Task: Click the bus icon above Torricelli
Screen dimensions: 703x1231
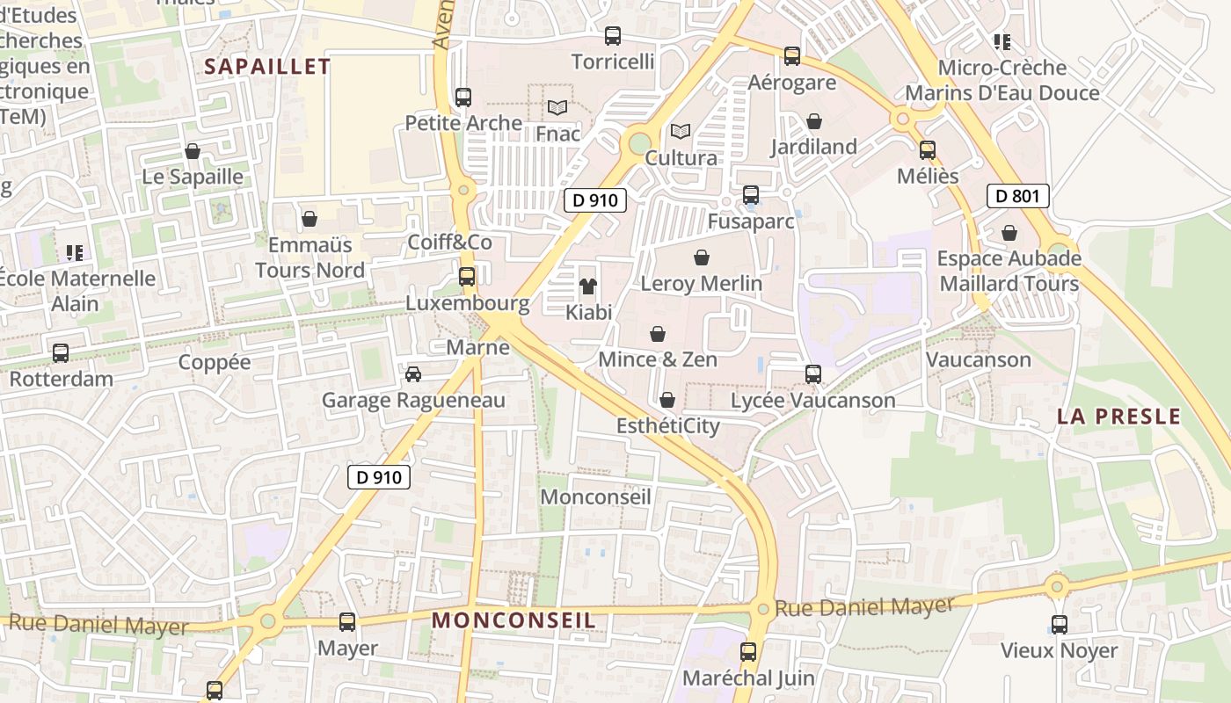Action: click(613, 36)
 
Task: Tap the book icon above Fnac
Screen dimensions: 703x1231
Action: click(557, 108)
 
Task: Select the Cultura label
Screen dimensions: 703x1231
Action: click(681, 158)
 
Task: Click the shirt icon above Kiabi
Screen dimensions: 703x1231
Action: click(587, 286)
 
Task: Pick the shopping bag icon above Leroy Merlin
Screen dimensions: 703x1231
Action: click(702, 257)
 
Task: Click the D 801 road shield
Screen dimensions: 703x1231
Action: click(1018, 195)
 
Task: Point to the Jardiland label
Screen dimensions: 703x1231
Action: click(813, 147)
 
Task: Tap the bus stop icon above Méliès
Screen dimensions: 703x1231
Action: click(928, 150)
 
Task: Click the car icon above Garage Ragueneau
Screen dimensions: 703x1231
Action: click(412, 374)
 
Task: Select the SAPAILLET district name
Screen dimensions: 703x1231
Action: click(267, 67)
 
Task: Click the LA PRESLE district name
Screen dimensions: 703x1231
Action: click(1118, 417)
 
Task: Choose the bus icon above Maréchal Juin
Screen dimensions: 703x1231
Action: click(748, 652)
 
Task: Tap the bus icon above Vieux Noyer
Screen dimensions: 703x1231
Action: click(1060, 625)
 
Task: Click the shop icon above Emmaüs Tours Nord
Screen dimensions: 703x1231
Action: click(309, 218)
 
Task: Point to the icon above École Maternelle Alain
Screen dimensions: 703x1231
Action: click(75, 253)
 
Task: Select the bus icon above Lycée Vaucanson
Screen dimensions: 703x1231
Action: click(813, 374)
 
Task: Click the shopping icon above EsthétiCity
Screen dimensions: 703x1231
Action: click(667, 400)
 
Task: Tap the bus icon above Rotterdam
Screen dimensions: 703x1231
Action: click(61, 353)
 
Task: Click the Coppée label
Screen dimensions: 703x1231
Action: click(214, 362)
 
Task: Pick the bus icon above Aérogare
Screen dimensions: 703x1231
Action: click(792, 56)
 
